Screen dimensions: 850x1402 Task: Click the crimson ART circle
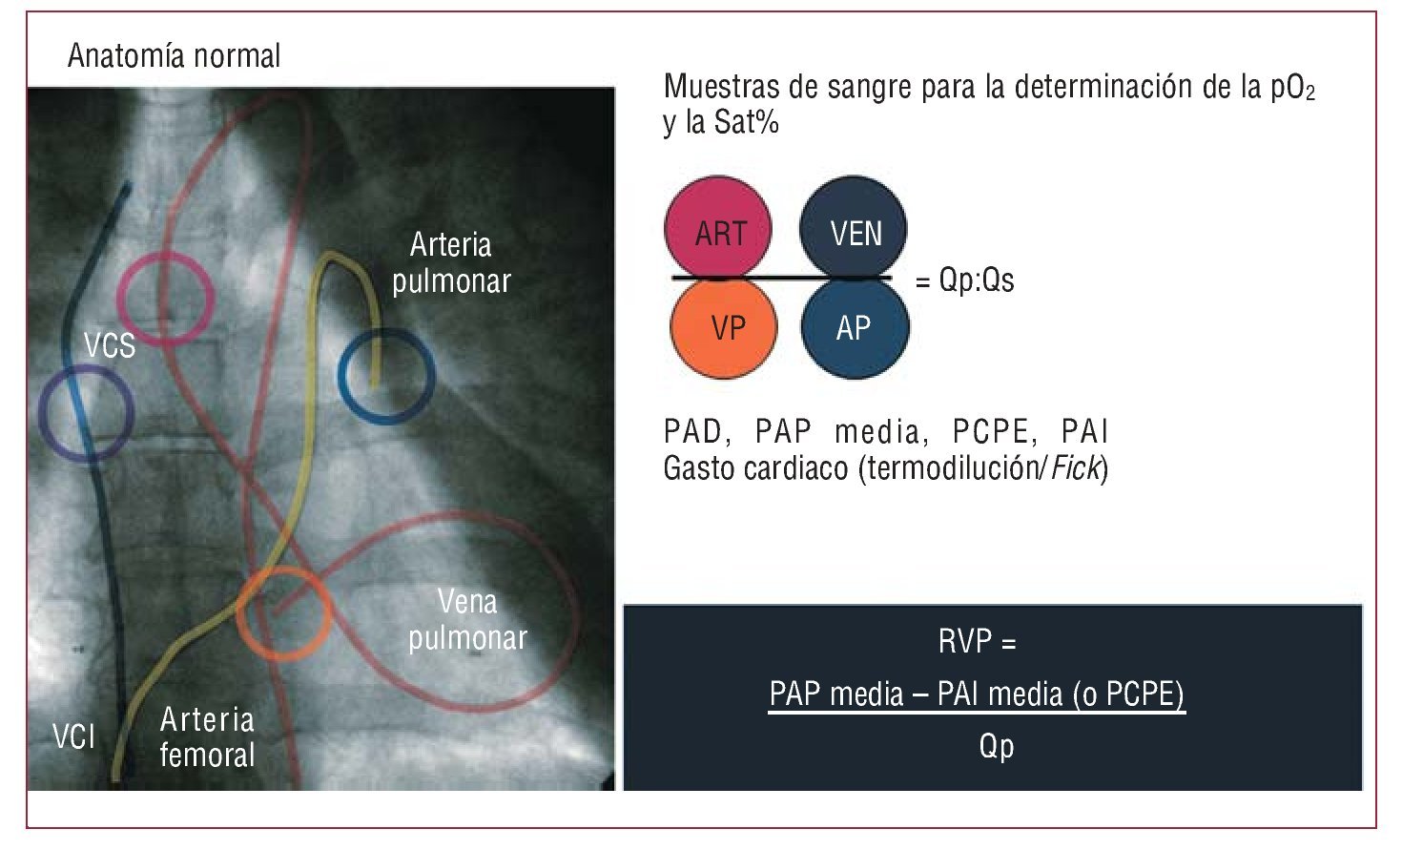718,230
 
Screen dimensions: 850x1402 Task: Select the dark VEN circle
855,230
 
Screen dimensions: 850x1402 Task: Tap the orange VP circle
724,327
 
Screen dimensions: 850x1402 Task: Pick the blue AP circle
855,327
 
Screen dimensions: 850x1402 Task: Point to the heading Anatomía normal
174,55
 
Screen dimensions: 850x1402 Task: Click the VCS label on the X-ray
110,345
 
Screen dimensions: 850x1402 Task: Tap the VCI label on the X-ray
73,736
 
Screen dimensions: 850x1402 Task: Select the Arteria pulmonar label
451,263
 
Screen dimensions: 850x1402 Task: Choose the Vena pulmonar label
467,620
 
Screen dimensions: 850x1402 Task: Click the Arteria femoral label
207,737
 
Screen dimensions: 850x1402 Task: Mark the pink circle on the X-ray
165,298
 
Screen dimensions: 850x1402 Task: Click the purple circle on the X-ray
86,413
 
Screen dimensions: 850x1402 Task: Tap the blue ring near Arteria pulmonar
386,376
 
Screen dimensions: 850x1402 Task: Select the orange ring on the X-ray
283,613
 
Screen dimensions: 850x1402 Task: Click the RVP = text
977,642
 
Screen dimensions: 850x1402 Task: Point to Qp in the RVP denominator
996,745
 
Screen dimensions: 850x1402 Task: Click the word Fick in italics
1075,468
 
